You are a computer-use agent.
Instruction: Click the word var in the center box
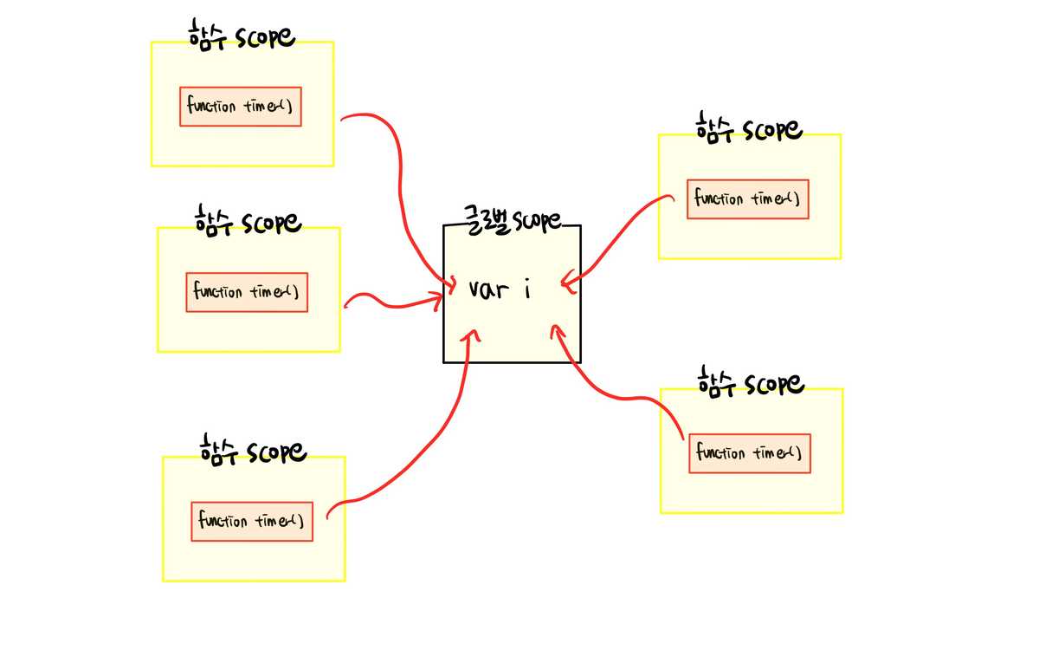coord(488,289)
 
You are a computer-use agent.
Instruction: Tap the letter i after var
coord(526,289)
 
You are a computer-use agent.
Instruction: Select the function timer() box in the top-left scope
coord(241,107)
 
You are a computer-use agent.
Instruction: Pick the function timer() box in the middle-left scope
coord(248,292)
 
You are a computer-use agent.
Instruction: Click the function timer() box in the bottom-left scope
coord(252,521)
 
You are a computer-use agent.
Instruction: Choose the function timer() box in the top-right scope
coord(748,199)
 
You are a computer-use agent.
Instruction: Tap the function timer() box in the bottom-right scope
coord(750,453)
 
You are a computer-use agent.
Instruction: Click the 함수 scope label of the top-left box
coord(242,36)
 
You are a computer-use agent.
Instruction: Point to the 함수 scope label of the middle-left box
coord(248,221)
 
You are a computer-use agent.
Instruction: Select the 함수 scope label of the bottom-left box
coord(252,451)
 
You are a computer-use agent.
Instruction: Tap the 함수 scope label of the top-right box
coord(749,128)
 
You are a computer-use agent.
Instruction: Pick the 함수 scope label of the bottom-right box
coord(751,382)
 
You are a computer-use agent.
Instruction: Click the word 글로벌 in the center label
coord(486,220)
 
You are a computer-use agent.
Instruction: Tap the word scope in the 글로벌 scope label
coord(539,221)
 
